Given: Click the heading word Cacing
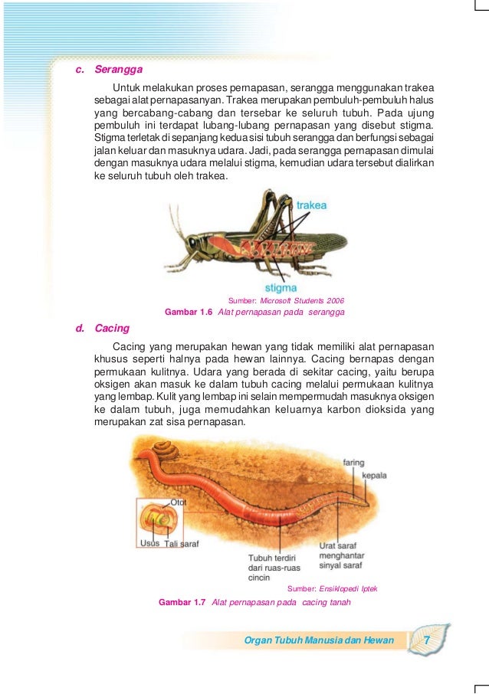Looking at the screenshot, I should click(112, 329).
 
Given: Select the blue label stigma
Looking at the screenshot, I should click(281, 288).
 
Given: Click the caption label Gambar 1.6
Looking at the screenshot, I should click(189, 312).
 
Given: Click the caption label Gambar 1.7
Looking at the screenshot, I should click(182, 603).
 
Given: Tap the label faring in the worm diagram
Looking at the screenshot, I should click(353, 463).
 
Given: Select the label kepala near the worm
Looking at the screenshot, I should click(374, 475).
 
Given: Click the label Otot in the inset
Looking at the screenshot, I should click(179, 502).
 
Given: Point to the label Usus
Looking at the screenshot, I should click(149, 543).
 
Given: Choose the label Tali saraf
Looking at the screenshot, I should click(182, 543).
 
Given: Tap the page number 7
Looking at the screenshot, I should click(427, 640).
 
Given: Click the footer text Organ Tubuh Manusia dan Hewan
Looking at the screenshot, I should click(318, 640).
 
